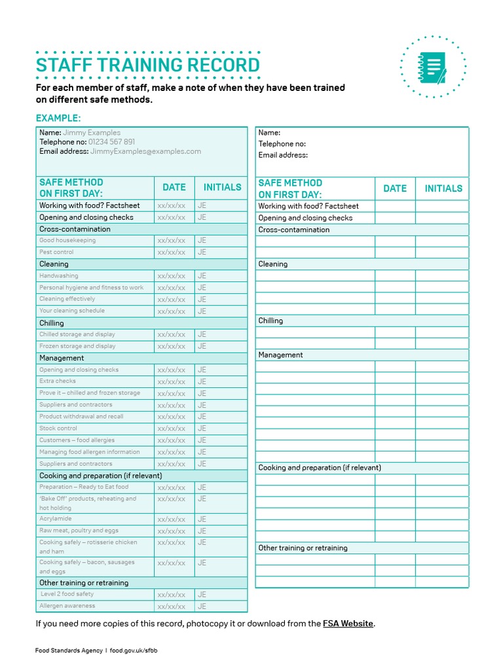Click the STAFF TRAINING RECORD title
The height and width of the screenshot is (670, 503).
coord(147,65)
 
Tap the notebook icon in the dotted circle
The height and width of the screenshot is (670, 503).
coord(432,67)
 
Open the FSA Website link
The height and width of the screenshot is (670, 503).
coord(348,624)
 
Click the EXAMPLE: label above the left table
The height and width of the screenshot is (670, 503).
coord(58,118)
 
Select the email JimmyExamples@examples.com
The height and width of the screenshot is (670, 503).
coord(145,151)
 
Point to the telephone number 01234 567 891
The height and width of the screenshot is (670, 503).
coord(112,142)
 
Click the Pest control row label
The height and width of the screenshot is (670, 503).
coord(56,252)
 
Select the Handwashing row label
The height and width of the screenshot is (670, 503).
coord(58,276)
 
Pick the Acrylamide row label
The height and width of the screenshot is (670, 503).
coord(55,518)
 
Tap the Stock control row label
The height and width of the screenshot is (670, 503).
coord(58,429)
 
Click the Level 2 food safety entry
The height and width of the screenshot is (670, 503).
coord(67,594)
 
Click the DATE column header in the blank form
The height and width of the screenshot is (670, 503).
coord(395,188)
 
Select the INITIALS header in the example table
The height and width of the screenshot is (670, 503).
coord(222,187)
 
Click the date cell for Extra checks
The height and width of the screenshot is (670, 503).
coord(172,381)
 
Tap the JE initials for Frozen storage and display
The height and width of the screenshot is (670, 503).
coord(202,346)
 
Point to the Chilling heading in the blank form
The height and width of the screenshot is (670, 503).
coord(270,321)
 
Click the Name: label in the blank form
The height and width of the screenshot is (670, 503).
coord(269,133)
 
